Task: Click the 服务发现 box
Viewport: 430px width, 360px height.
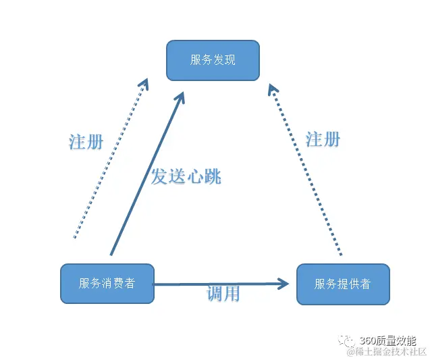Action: (x=213, y=60)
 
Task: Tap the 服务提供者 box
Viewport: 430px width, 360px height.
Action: (x=343, y=284)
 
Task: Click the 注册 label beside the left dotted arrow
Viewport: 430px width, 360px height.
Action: (x=86, y=142)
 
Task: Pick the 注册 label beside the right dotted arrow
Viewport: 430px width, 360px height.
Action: (x=323, y=139)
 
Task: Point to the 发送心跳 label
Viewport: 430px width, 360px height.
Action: (x=186, y=177)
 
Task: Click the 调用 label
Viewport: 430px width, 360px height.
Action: (x=223, y=294)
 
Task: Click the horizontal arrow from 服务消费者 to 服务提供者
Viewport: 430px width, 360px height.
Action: (x=216, y=284)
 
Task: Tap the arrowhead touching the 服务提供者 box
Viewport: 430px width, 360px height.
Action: (x=290, y=284)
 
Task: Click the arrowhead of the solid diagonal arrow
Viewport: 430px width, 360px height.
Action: (x=180, y=98)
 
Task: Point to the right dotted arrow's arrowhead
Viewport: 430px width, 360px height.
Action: (x=272, y=88)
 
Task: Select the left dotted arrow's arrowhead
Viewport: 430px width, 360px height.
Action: (x=144, y=83)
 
